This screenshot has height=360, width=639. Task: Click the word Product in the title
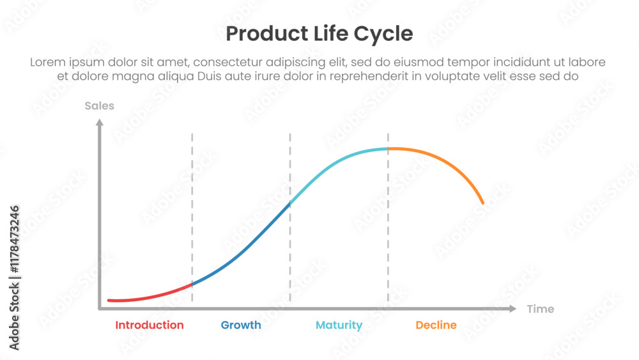tap(260, 33)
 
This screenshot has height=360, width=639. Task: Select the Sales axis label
tap(99, 106)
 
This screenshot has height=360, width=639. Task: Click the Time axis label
tap(540, 309)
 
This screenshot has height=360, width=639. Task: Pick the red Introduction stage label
tap(149, 325)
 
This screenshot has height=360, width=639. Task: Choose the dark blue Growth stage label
tap(241, 325)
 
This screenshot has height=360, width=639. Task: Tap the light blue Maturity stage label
tap(339, 325)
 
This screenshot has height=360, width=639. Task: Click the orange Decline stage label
tap(436, 325)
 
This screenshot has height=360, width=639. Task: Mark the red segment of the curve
tap(153, 295)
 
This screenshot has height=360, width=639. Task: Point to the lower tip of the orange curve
tap(483, 203)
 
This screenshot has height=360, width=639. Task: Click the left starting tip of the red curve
tap(109, 300)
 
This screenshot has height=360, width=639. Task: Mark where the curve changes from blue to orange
tap(388, 149)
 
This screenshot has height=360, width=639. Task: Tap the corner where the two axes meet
tap(100, 309)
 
